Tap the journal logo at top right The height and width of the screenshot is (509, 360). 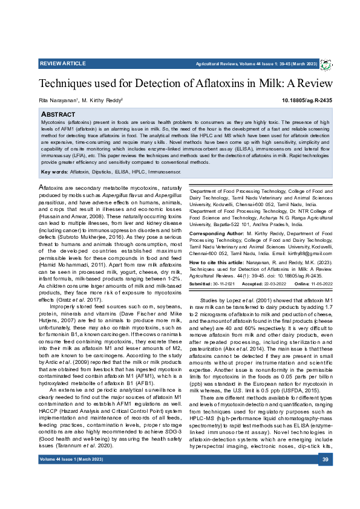point(325,63)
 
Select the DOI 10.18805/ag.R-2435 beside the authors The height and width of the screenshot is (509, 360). point(307,99)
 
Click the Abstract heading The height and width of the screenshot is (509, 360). point(58,114)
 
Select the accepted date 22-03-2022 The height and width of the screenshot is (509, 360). point(272,284)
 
